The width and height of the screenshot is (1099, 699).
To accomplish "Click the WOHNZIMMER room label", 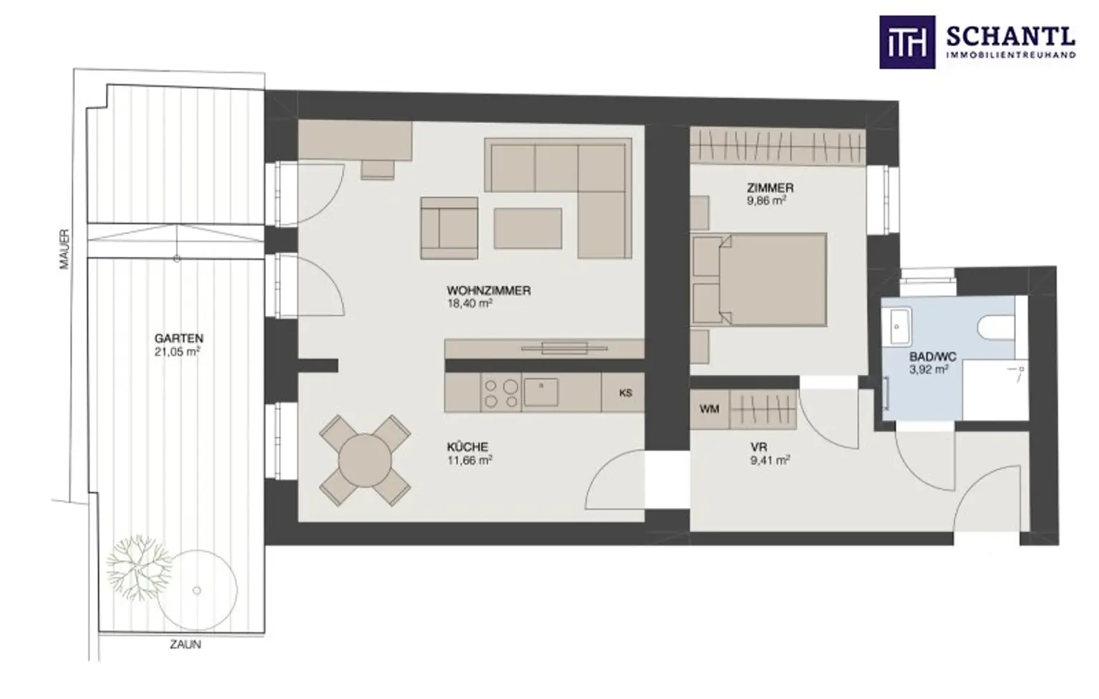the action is (x=489, y=290).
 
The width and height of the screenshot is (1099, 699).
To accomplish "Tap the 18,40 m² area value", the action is (x=469, y=303).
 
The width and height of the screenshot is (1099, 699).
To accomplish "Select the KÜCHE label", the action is (x=467, y=447).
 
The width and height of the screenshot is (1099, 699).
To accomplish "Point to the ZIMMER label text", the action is (x=770, y=187).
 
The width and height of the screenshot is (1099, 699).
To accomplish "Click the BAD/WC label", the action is (x=933, y=356).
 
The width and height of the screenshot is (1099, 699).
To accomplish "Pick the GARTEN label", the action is (x=179, y=338).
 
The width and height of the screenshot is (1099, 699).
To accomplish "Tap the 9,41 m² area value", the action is (x=770, y=460).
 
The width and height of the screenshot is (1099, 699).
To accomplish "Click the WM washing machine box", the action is (x=710, y=409).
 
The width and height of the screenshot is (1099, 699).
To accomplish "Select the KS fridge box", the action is (x=624, y=392).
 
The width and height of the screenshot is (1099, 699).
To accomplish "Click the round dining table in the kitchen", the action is (x=365, y=461).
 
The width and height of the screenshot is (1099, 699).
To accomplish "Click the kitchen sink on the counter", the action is (x=541, y=392).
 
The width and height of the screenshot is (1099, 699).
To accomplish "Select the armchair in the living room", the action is (x=449, y=228).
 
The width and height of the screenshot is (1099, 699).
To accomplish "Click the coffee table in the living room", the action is (x=527, y=228).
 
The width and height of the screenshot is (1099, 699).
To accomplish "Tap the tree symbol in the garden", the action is (x=139, y=567).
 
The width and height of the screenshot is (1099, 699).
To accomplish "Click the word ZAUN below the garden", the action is (x=185, y=645).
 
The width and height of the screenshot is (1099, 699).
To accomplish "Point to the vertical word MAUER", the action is (x=64, y=249).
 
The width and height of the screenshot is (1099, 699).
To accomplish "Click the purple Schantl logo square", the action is (x=907, y=42).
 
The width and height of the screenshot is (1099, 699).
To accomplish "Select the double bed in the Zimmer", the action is (x=759, y=280).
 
